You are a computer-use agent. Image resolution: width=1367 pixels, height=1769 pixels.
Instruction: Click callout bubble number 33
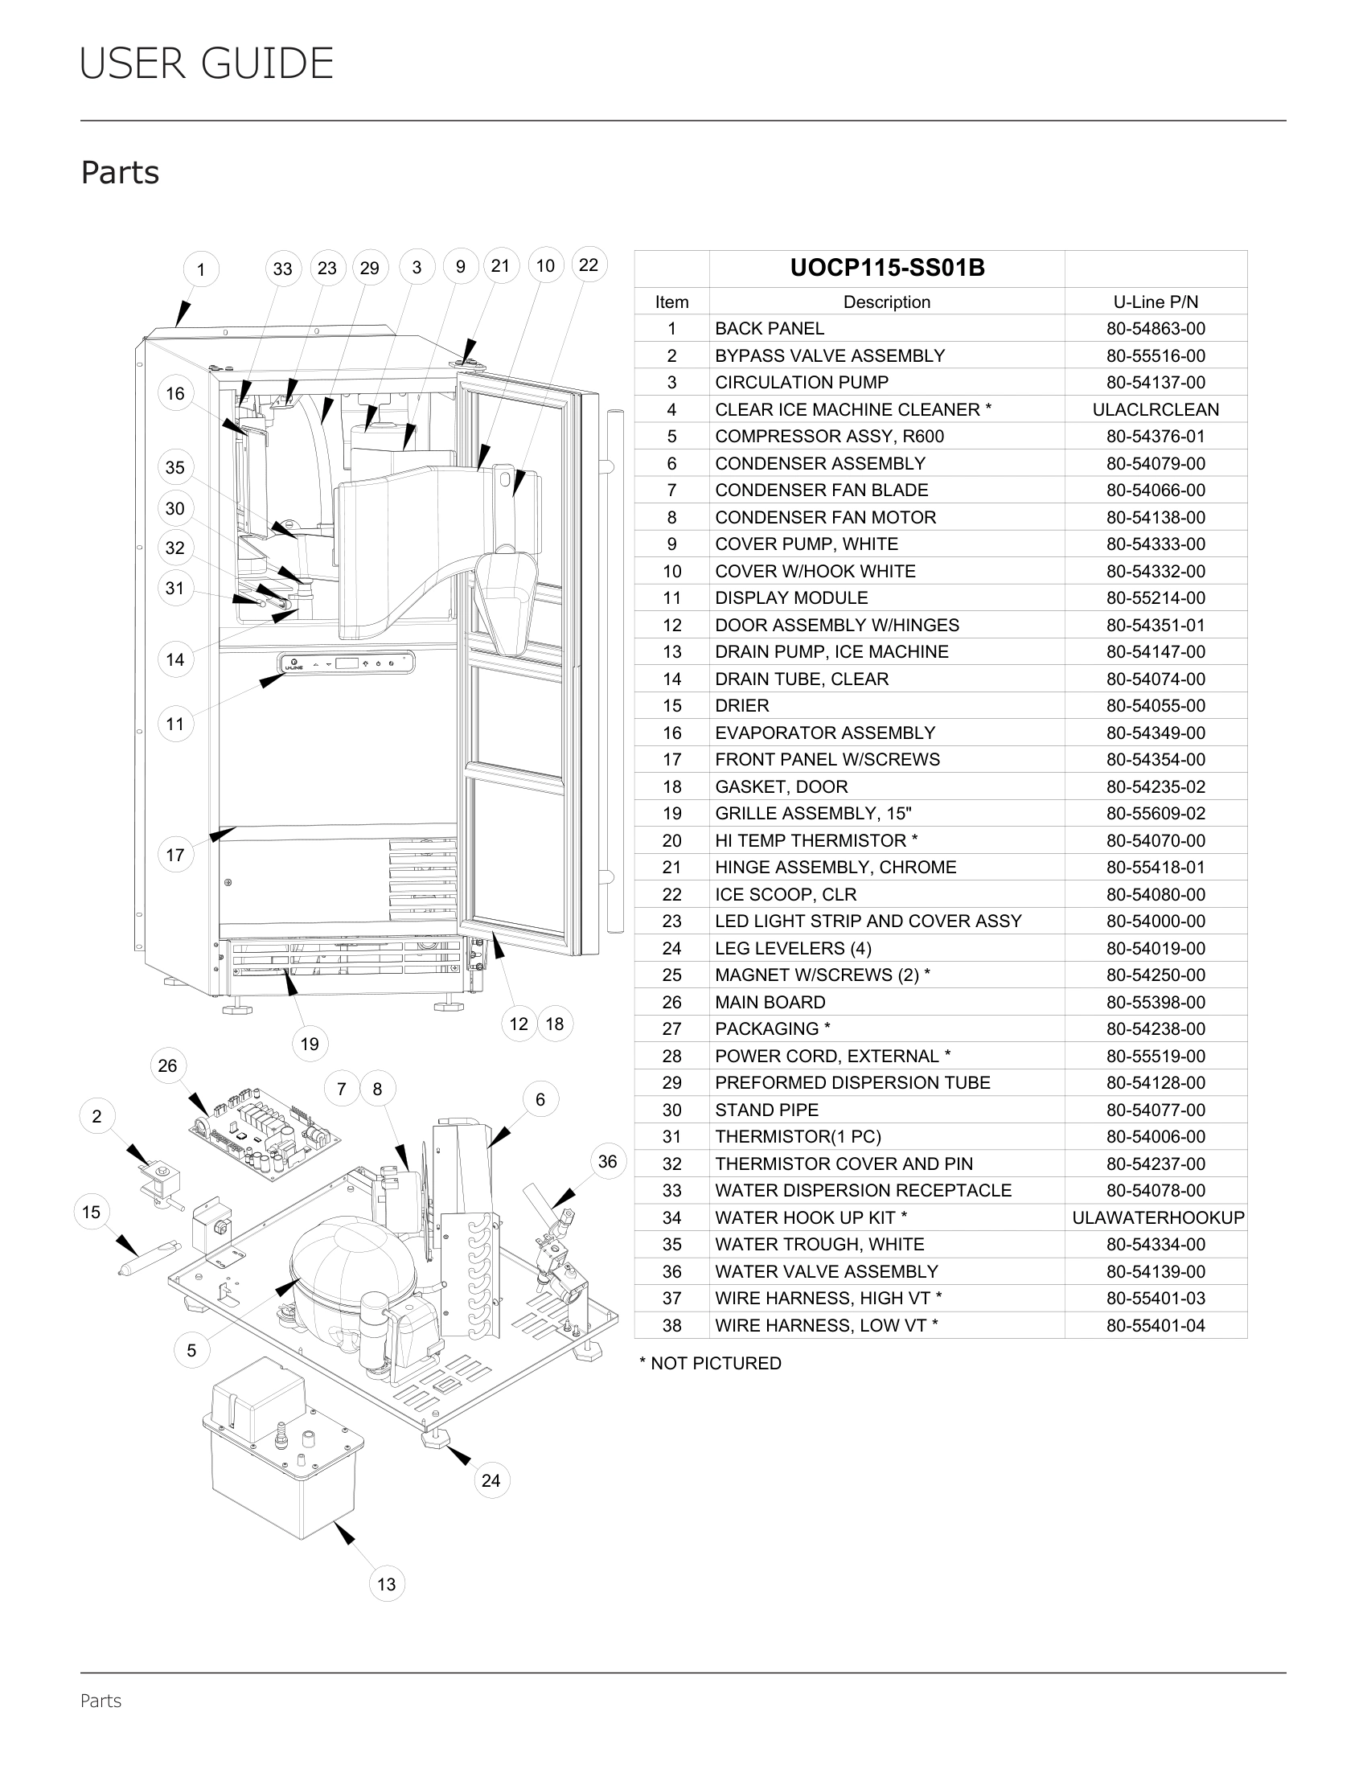[x=282, y=268]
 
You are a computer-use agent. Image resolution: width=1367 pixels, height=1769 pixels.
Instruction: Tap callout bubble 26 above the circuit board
[x=167, y=1066]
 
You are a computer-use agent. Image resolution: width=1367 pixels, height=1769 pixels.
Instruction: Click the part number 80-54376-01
[x=1156, y=437]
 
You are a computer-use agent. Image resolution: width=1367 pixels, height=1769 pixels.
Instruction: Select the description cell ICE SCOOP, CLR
[x=786, y=894]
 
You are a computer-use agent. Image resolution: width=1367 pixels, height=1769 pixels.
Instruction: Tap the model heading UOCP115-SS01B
[x=887, y=268]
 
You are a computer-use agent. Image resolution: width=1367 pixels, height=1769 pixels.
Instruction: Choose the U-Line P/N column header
[x=1156, y=302]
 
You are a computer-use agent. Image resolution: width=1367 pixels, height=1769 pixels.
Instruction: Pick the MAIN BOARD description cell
[x=770, y=1002]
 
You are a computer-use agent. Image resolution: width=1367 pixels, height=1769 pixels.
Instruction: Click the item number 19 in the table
[x=671, y=813]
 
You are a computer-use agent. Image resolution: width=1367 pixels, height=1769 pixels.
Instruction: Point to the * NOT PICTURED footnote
[x=710, y=1363]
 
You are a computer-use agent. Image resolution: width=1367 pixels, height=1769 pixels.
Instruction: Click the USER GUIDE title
[x=207, y=64]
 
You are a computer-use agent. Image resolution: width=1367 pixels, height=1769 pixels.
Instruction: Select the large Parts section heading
[x=120, y=173]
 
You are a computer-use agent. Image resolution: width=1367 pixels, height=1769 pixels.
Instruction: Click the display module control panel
[x=347, y=663]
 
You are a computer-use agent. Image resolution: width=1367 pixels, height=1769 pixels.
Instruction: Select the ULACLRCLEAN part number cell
[x=1156, y=410]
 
